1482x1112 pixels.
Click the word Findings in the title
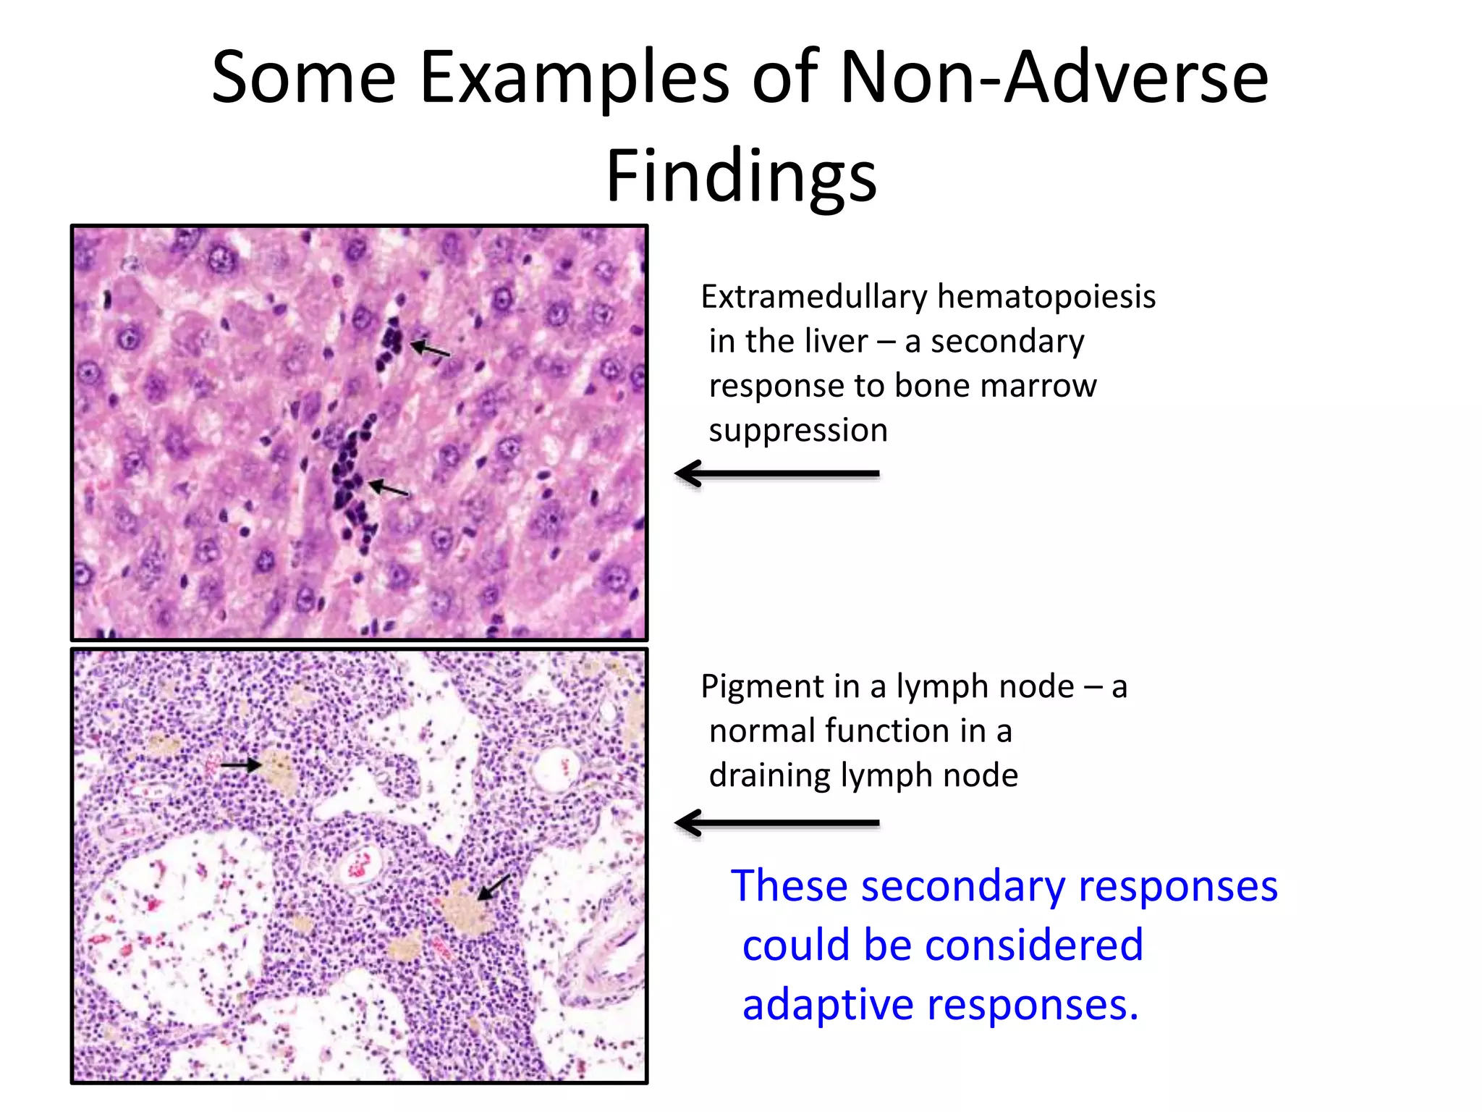pos(741,175)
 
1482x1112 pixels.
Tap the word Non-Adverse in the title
pos(1053,77)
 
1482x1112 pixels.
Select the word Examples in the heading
pos(575,77)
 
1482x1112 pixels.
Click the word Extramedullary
pos(814,298)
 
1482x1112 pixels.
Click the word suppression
pos(797,431)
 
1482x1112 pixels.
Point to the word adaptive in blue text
pos(828,1006)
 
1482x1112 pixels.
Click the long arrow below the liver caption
pos(777,474)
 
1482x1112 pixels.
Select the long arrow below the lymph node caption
pos(777,823)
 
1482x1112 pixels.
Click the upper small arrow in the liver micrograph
pos(431,350)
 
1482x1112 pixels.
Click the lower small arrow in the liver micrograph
pos(389,489)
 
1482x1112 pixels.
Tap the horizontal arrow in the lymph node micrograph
pos(241,764)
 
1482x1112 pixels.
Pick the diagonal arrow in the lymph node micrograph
pos(494,887)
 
